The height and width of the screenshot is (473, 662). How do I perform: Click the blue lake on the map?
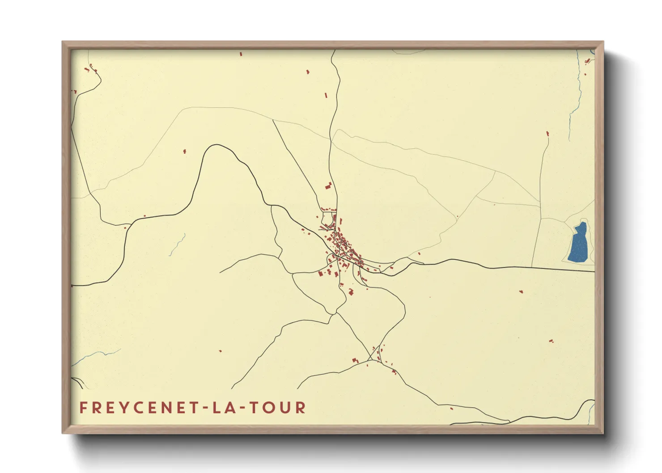pyautogui.click(x=579, y=244)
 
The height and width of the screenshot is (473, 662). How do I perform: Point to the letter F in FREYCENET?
pyautogui.click(x=83, y=408)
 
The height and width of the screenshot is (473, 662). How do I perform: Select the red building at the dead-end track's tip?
pyautogui.click(x=547, y=133)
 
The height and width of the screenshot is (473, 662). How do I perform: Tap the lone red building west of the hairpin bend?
pyautogui.click(x=184, y=152)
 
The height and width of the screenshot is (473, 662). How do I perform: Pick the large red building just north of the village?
pyautogui.click(x=328, y=186)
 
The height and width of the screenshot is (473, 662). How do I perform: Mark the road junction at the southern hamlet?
pyautogui.click(x=370, y=359)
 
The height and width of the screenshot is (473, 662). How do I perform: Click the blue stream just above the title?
pyautogui.click(x=96, y=355)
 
